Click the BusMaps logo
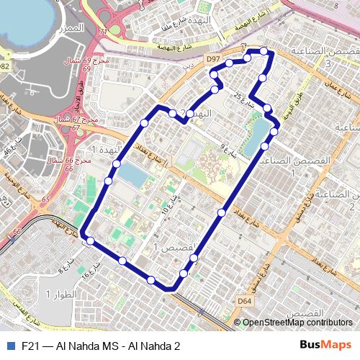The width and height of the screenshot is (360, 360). click(325, 346)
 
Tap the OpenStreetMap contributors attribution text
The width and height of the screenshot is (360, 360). click(297, 323)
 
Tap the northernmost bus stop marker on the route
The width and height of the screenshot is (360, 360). click(264, 51)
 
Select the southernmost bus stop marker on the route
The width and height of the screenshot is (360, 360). click(152, 279)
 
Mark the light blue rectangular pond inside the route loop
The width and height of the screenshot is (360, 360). click(132, 174)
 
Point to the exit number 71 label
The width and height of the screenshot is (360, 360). click(103, 32)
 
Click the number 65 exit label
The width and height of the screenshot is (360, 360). click(46, 199)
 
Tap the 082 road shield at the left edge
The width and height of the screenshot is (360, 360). click(4, 66)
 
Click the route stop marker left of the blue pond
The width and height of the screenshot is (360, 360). click(108, 181)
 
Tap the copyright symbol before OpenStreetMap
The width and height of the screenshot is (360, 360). click(238, 323)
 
